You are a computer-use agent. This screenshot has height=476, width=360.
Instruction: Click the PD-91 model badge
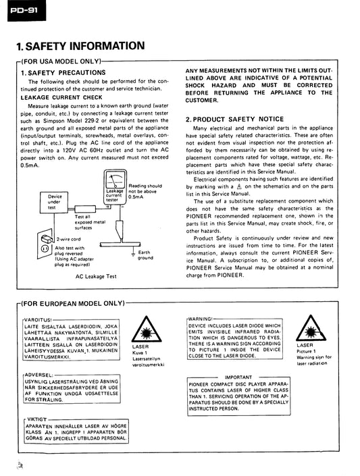pyautogui.click(x=26, y=11)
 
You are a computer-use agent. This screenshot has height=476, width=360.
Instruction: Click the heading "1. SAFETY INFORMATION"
pyautogui.click(x=80, y=46)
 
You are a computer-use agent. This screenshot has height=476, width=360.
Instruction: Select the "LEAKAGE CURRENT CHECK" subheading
pyautogui.click(x=61, y=97)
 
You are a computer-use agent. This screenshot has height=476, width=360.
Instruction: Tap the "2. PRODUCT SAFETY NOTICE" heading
pyautogui.click(x=234, y=119)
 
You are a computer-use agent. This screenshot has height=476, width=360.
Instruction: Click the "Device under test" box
pyautogui.click(x=54, y=202)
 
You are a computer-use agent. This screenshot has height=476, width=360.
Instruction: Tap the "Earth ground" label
pyautogui.click(x=145, y=255)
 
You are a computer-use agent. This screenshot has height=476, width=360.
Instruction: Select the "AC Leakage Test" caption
pyautogui.click(x=96, y=276)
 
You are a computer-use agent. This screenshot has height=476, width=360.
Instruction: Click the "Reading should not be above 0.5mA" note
pyautogui.click(x=145, y=191)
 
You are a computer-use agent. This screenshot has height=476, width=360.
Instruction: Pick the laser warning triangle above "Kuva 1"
pyautogui.click(x=146, y=329)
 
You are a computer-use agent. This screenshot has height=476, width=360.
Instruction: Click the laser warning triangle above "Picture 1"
pyautogui.click(x=311, y=328)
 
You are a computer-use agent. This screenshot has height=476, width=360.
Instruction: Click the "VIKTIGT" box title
pyautogui.click(x=37, y=419)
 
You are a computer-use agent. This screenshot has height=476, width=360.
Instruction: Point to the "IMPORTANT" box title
pyautogui.click(x=238, y=377)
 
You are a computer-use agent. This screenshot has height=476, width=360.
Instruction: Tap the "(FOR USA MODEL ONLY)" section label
pyautogui.click(x=61, y=61)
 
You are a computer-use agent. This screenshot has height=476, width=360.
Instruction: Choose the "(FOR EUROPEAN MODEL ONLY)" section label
pyautogui.click(x=73, y=303)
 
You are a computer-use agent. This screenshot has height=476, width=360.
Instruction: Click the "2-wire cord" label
pyautogui.click(x=69, y=239)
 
